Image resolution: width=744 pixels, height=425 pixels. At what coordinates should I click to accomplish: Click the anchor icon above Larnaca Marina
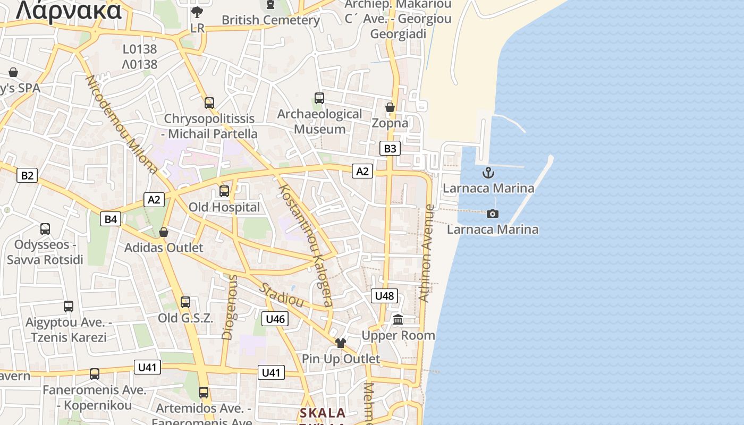click(488, 173)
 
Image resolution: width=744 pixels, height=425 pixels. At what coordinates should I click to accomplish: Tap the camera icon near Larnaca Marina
click(493, 214)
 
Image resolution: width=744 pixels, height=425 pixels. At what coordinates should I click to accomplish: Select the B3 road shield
click(390, 148)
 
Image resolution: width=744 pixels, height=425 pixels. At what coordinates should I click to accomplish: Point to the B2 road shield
click(27, 175)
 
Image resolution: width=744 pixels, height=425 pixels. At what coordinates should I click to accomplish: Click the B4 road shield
click(111, 219)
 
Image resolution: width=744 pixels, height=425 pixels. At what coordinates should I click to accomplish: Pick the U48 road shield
click(384, 296)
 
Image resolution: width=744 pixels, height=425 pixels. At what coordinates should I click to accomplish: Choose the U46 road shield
click(275, 319)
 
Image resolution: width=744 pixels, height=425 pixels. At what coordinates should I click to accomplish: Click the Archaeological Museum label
click(320, 122)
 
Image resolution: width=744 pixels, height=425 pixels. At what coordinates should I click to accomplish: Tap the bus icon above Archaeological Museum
click(319, 98)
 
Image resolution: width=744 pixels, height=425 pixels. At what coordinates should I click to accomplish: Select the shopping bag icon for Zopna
click(390, 107)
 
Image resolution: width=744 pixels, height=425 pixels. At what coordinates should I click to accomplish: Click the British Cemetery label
click(270, 20)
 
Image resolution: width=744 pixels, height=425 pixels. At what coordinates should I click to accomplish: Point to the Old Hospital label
click(225, 207)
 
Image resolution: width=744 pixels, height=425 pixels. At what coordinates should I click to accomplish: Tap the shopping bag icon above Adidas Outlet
click(164, 232)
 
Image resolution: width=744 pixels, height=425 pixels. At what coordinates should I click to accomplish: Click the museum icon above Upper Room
click(398, 319)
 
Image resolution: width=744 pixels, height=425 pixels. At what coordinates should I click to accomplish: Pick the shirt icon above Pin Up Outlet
click(340, 343)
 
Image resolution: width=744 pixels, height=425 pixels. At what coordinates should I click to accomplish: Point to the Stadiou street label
click(281, 295)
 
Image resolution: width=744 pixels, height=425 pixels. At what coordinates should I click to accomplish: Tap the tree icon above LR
click(197, 12)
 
